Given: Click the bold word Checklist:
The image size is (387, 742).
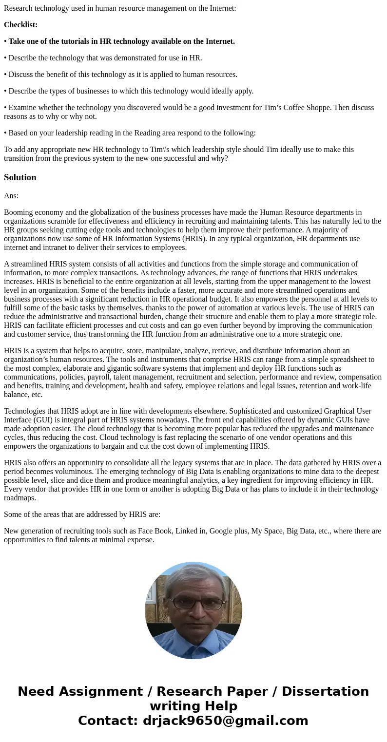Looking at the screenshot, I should [20, 25].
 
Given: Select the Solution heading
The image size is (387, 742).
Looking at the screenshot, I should [20, 177].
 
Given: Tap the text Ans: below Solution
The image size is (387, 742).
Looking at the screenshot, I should [11, 195].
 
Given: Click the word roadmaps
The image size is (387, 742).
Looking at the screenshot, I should [20, 498].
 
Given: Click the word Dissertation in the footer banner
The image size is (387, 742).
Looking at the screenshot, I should [325, 692].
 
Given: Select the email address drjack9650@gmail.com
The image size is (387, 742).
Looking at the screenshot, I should [225, 721].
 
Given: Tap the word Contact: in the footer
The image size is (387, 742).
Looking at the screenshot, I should [108, 721].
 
